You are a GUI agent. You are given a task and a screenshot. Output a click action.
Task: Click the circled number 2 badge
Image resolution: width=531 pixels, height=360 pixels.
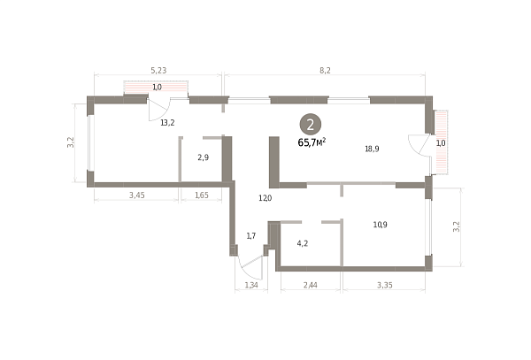coord(311,125)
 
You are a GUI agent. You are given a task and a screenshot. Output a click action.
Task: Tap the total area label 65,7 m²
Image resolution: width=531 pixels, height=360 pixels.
coord(312,142)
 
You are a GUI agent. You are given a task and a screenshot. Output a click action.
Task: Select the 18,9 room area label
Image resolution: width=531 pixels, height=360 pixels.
coord(372,149)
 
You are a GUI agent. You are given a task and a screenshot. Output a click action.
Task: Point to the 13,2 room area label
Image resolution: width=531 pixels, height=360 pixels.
coord(167,123)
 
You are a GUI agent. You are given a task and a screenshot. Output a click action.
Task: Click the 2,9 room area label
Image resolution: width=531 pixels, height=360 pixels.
coord(204,157)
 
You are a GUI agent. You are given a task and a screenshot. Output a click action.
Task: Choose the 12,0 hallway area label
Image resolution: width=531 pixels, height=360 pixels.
coord(265,198)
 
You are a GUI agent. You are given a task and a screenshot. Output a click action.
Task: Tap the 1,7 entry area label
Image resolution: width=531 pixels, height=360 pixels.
coord(251,236)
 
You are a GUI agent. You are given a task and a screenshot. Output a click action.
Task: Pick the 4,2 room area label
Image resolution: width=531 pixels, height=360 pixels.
coord(303,243)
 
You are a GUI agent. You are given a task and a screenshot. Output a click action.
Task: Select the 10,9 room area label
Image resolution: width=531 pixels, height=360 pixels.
coord(381,225)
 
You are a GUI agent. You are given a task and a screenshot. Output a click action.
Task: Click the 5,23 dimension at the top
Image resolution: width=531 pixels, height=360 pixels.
coord(158,71)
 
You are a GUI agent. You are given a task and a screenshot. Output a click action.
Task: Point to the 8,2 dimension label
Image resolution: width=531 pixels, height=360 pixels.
coord(325,71)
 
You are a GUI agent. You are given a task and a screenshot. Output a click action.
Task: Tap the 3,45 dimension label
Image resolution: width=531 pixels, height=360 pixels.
coord(137,195)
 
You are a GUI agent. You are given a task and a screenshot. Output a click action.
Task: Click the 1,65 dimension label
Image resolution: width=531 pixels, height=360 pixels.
coord(202,195)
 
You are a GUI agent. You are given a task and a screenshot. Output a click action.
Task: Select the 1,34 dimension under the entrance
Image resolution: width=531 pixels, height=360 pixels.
coord(251,285)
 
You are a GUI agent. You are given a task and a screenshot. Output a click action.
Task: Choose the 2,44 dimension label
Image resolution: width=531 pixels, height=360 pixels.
coord(311,285)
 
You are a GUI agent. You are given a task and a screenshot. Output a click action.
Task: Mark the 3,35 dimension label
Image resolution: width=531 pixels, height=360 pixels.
coord(385,285)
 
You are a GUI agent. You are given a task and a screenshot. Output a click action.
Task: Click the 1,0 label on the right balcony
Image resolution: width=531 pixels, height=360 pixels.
coord(441,143)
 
